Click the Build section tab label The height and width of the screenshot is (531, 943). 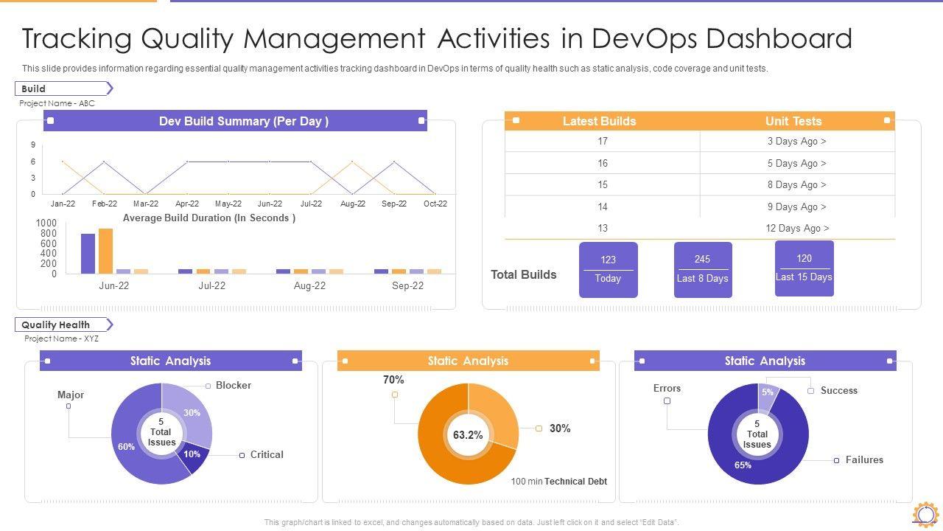coord(34,88)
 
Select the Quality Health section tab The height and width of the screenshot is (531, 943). coord(55,324)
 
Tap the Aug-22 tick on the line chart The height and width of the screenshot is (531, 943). coord(352,204)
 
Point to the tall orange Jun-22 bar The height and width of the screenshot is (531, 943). coord(106,251)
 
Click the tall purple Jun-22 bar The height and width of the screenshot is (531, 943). coord(88,254)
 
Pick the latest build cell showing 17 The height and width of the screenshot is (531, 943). coord(603,141)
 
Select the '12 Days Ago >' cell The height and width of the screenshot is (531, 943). coord(797,228)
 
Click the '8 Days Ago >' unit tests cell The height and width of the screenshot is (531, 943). coord(797,184)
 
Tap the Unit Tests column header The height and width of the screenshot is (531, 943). coord(793,121)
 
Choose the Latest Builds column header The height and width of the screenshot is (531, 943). coord(599,121)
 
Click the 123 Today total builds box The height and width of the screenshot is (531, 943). coord(608,269)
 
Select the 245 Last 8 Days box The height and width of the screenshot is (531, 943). coord(702,269)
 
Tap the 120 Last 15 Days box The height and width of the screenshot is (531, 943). coord(804,268)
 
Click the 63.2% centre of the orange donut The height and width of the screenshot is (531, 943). coord(468,435)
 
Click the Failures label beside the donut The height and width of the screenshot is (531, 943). coord(864,459)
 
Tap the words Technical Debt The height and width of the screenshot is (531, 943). coord(575,482)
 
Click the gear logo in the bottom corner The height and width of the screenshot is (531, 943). coord(925,514)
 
